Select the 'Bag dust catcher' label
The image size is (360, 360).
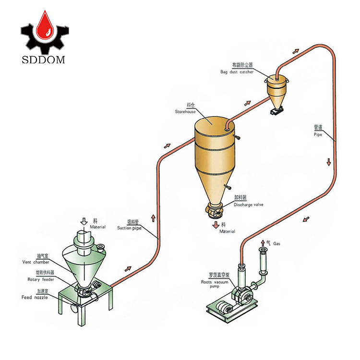[237, 72]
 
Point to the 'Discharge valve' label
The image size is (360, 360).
[248, 204]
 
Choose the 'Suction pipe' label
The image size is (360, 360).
[128, 228]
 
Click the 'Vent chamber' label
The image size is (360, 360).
[36, 262]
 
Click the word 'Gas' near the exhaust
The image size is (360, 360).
[276, 244]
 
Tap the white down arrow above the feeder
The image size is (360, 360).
[84, 221]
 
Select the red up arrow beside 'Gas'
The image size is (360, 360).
[262, 243]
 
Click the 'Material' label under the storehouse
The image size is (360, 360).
[228, 231]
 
